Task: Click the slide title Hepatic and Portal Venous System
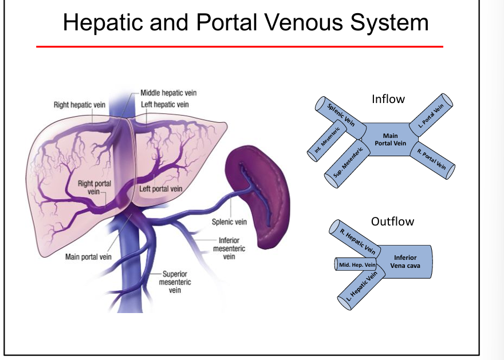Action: [x=245, y=22]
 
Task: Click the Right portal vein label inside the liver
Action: [x=94, y=188]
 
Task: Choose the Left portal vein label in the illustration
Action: [x=160, y=189]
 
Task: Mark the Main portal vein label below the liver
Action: [x=88, y=257]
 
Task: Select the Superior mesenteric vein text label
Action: [x=175, y=282]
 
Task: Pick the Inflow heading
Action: [x=388, y=99]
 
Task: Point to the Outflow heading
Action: [x=392, y=221]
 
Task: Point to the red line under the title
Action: [x=239, y=46]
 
